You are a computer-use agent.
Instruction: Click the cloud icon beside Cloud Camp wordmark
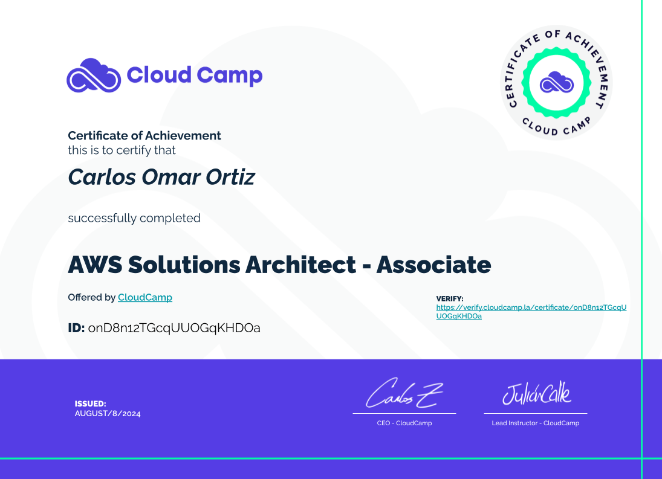[94, 75]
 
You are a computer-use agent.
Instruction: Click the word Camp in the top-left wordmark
[230, 76]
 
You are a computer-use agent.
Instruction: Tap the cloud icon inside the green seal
[556, 82]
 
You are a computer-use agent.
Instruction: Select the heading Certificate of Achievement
[144, 135]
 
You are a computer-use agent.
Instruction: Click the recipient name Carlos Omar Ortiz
[161, 176]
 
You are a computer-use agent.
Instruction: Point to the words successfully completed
[134, 218]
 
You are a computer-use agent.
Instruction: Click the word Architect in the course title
[301, 265]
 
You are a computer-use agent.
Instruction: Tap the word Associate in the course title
[433, 265]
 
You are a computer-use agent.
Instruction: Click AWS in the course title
[95, 265]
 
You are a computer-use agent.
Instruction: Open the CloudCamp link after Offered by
[145, 297]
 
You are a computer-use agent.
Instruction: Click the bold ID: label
[76, 327]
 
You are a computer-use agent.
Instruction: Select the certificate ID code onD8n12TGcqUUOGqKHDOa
[174, 328]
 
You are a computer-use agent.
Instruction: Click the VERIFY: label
[450, 298]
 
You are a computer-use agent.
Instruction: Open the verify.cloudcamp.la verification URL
[531, 312]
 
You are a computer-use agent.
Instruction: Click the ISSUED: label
[90, 403]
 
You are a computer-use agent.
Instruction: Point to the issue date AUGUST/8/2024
[108, 414]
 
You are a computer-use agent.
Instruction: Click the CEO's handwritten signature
[404, 393]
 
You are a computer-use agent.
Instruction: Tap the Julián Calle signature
[537, 393]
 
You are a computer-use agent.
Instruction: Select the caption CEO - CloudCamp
[404, 423]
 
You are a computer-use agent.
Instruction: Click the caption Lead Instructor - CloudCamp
[535, 423]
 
